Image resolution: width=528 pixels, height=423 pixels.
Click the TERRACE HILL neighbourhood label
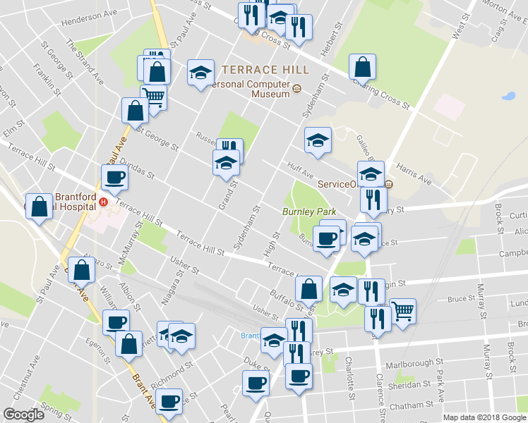(265, 70)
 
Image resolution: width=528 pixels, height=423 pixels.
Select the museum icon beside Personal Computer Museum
(296, 89)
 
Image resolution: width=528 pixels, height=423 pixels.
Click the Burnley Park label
(308, 211)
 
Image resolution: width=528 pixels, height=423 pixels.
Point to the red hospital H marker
(104, 202)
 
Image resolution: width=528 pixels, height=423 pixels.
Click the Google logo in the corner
(23, 415)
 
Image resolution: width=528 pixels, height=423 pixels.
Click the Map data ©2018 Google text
(484, 417)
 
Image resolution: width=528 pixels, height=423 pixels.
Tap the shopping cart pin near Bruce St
(402, 309)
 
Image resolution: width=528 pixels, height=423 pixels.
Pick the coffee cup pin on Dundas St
(114, 178)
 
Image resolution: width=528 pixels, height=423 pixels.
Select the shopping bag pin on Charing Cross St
(362, 67)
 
